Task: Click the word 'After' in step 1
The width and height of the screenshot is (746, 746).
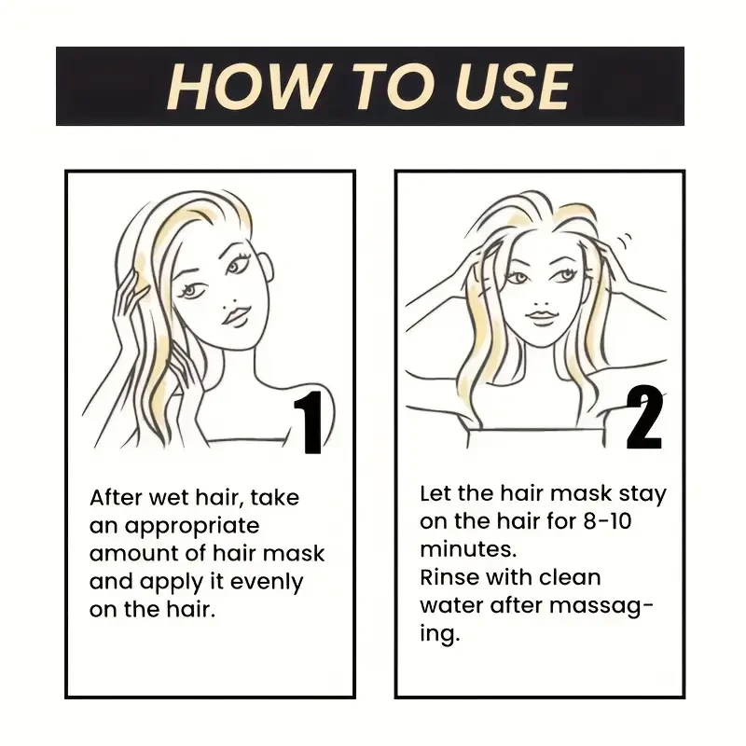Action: tap(117, 497)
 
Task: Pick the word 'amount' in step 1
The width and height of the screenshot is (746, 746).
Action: tap(128, 554)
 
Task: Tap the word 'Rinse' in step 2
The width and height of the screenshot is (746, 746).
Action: tap(447, 577)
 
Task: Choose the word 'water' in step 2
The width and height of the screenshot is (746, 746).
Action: tap(449, 605)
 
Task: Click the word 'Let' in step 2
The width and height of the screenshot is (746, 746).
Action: tap(435, 493)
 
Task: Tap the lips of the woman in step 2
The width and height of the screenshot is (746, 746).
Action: tap(541, 317)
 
